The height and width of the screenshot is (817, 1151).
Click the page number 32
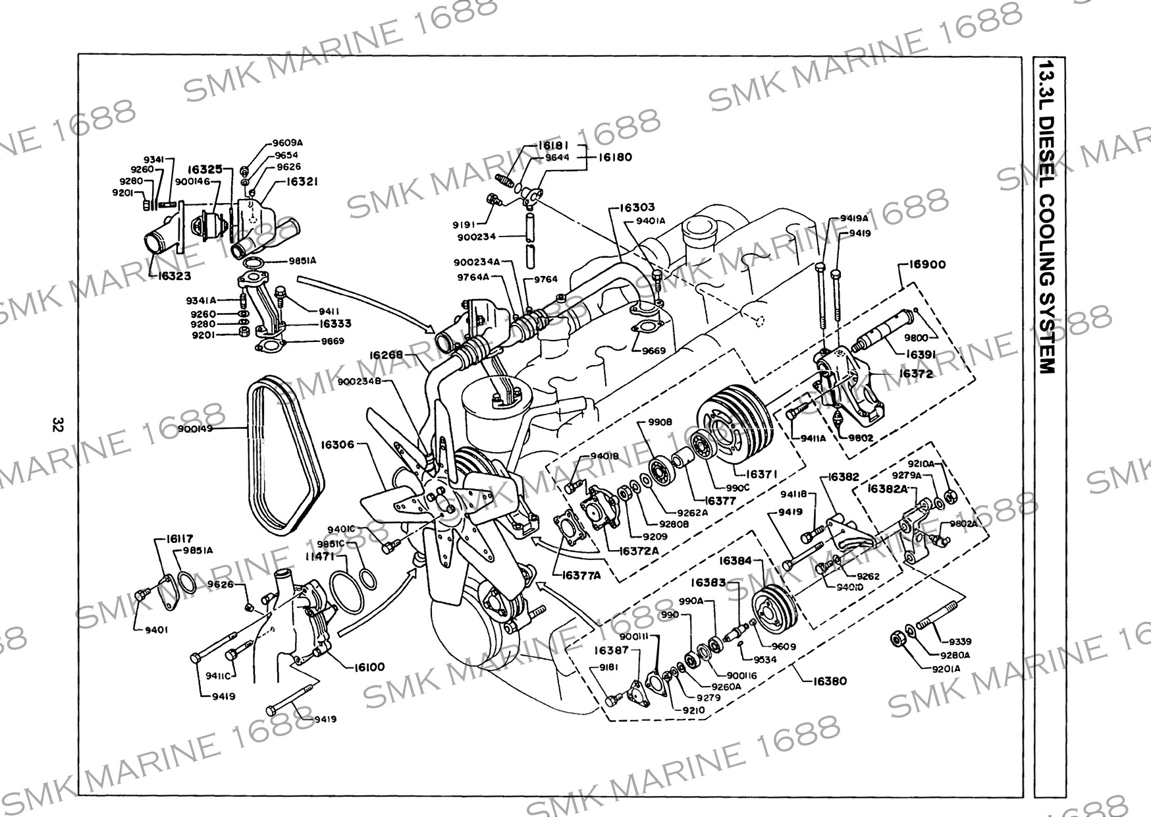pos(57,424)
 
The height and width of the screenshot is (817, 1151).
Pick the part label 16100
pos(371,667)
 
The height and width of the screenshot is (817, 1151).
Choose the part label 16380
pos(828,681)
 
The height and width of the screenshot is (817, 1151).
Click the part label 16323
pos(174,277)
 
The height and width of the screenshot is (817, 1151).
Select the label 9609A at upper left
pos(288,142)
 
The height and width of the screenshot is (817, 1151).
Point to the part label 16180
pos(615,157)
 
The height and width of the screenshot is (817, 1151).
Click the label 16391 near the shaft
pos(922,354)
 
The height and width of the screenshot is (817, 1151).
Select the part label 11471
pos(317,557)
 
